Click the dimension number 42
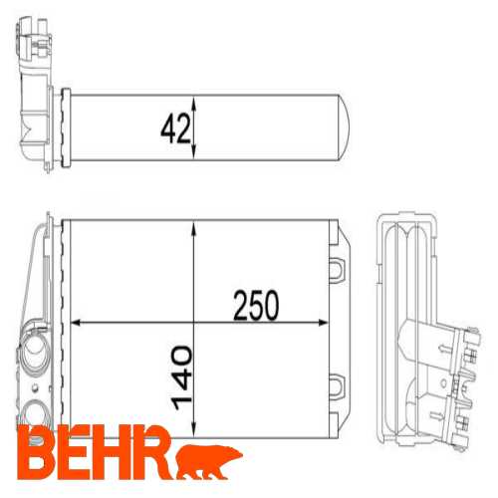coord(175,128)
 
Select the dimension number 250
coord(256,306)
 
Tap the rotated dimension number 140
coord(181,377)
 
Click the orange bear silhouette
coord(209,461)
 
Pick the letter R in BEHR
coord(153,453)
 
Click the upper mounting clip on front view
coord(337,269)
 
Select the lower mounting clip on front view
coord(337,386)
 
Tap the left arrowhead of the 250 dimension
coord(77,323)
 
